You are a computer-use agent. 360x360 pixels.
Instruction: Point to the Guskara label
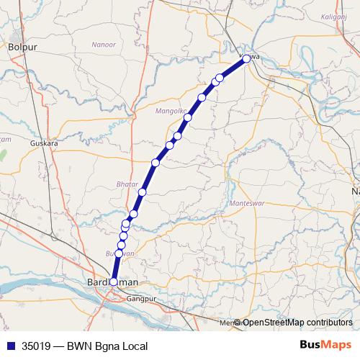[44, 143]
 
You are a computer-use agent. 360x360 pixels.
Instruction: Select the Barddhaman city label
[112, 283]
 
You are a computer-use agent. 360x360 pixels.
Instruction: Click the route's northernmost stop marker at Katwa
[246, 59]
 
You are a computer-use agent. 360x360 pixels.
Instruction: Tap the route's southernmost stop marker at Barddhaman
[113, 282]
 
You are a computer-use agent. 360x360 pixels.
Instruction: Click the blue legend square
[9, 346]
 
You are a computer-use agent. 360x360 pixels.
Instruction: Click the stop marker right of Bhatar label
[143, 192]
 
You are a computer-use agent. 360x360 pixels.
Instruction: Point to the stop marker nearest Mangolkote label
[187, 117]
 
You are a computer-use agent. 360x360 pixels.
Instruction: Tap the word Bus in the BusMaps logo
[311, 346]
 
